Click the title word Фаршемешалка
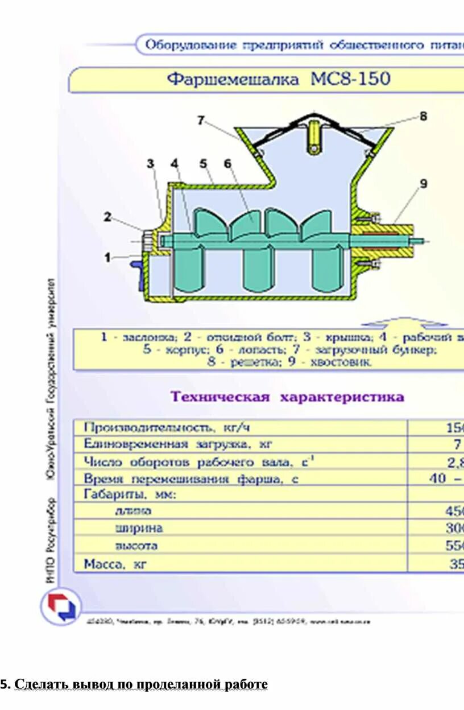233,79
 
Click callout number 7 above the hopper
201,120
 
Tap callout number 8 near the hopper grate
422,116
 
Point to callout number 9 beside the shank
423,184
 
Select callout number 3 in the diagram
150,164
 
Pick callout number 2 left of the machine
107,216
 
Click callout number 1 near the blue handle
107,257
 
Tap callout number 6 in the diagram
227,164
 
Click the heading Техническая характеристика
288,397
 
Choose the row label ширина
139,528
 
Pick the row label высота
136,546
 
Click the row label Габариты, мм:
130,494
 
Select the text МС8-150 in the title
350,79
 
